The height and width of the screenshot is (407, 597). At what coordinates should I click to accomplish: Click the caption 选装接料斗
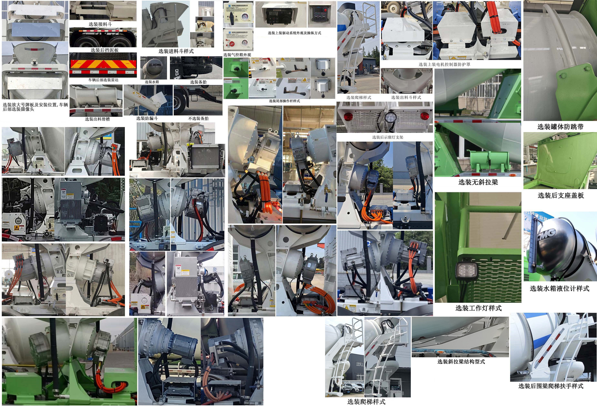100,24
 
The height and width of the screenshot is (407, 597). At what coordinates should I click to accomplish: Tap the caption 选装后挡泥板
105,50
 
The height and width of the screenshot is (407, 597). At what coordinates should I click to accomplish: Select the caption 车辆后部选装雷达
103,80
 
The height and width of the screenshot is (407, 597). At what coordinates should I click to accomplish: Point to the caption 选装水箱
152,82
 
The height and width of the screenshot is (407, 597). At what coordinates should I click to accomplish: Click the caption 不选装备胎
198,118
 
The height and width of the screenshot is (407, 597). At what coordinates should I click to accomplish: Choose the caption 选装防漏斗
147,118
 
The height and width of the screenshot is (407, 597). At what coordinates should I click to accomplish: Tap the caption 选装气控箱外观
237,55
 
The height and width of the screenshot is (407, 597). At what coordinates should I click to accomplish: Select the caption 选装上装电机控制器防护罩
444,65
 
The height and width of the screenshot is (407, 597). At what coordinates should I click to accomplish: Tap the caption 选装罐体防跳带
560,127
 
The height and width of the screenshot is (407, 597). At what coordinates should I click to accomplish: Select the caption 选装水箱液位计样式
559,288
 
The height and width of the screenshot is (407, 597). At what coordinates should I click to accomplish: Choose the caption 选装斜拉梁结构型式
461,362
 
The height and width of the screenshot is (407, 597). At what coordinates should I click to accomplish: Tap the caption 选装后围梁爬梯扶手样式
551,386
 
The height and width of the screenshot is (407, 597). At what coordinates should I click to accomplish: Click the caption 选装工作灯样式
478,308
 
